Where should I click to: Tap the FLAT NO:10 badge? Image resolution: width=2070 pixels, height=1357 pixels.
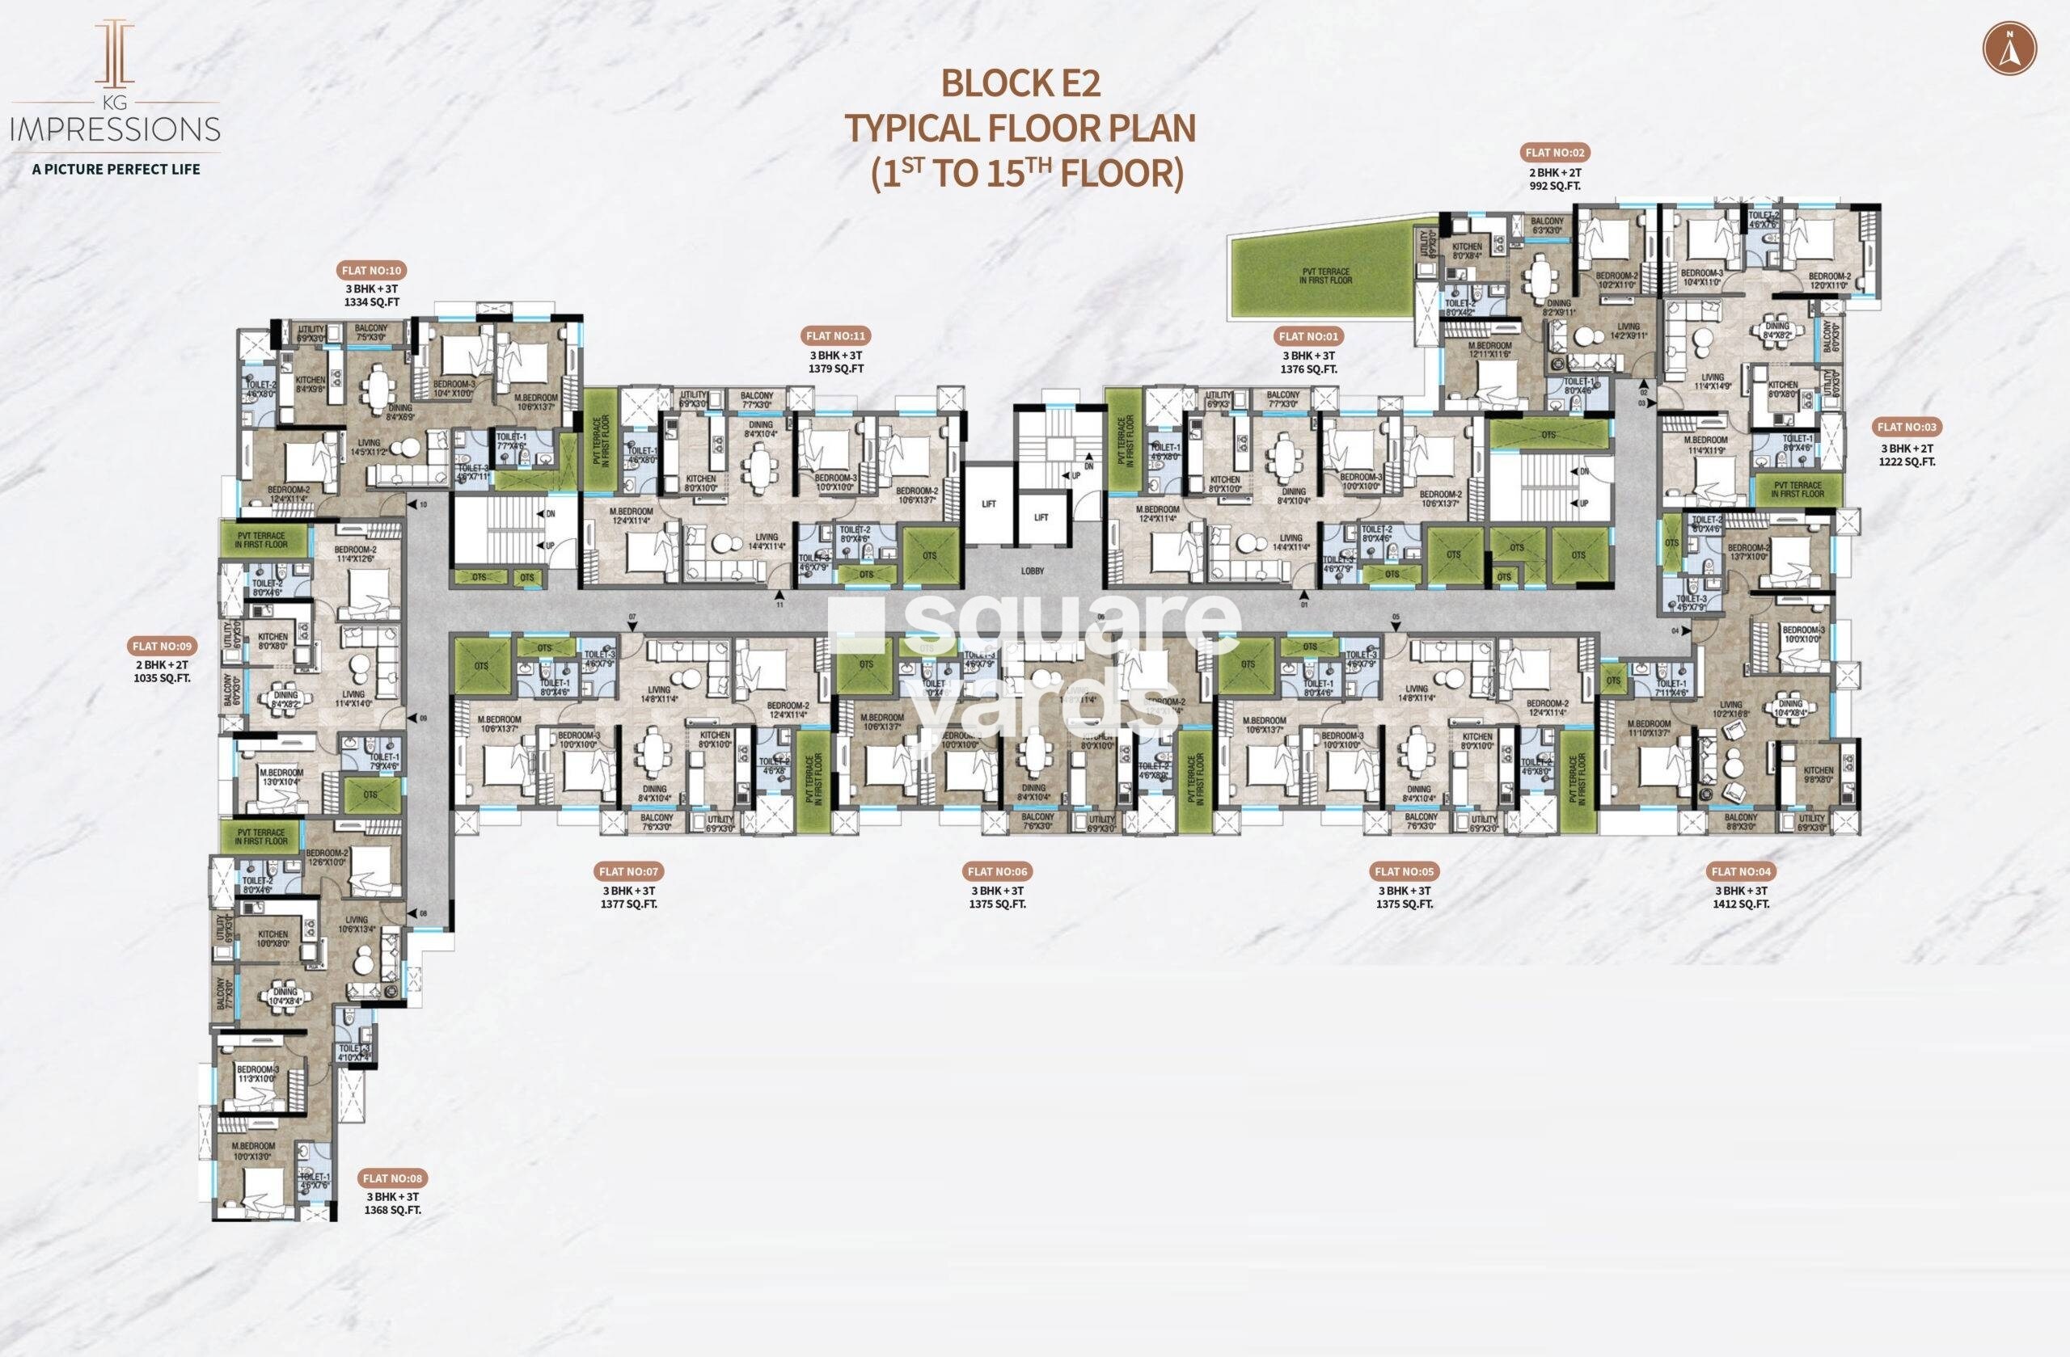click(x=371, y=271)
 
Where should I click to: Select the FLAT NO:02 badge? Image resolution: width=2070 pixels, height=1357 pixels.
click(x=1555, y=153)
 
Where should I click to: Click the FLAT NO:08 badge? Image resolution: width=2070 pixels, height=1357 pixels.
click(x=392, y=1178)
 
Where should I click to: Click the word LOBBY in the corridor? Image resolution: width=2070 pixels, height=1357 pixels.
click(x=1033, y=571)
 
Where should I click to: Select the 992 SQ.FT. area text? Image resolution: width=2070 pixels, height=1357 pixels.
click(x=1555, y=186)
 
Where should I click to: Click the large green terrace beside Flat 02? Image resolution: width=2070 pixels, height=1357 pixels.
click(x=1323, y=276)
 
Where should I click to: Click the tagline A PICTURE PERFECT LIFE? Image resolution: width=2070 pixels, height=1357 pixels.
click(x=116, y=169)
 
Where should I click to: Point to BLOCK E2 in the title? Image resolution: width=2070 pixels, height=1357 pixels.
click(x=1021, y=83)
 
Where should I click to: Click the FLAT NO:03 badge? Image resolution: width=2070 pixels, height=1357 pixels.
click(x=1907, y=427)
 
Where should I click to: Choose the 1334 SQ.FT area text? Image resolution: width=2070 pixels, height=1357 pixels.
click(x=371, y=301)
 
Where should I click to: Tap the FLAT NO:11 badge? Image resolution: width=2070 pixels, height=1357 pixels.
click(x=836, y=335)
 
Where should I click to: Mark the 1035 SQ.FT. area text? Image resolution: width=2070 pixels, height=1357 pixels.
click(x=162, y=678)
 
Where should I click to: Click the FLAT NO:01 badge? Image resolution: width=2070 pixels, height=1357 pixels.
click(x=1308, y=336)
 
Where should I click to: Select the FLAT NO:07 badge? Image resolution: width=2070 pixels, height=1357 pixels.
click(x=629, y=871)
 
